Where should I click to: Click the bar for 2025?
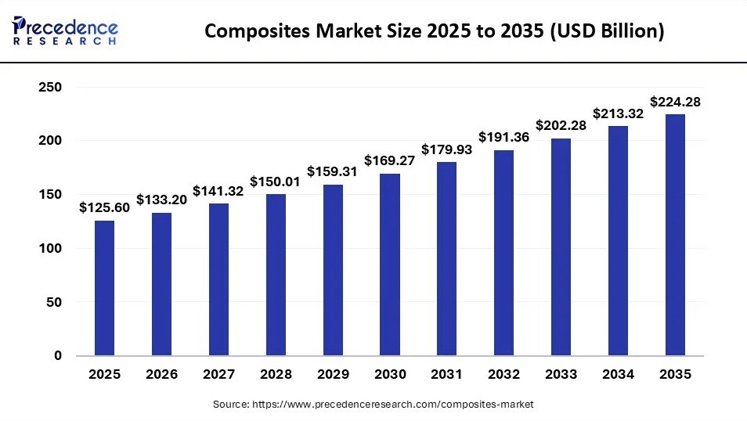click(x=104, y=288)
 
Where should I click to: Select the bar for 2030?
click(x=390, y=264)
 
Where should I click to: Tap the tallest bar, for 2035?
click(x=675, y=235)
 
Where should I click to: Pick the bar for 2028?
click(x=276, y=275)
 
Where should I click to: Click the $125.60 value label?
click(x=104, y=207)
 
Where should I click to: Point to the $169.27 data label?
click(x=390, y=161)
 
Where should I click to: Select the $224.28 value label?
click(x=675, y=102)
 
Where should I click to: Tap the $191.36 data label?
click(x=503, y=137)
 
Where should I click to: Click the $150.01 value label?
click(x=275, y=182)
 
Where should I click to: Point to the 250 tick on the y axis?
click(x=50, y=87)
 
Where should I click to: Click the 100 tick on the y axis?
click(x=50, y=248)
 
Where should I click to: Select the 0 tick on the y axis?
click(x=58, y=355)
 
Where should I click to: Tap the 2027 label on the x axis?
click(x=218, y=374)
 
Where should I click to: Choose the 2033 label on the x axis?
click(x=561, y=374)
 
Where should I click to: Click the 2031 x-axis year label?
click(x=446, y=374)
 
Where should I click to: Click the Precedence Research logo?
click(x=65, y=31)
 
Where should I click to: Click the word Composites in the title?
click(x=258, y=31)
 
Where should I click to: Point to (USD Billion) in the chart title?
click(x=607, y=31)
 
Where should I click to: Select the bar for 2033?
click(x=561, y=247)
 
